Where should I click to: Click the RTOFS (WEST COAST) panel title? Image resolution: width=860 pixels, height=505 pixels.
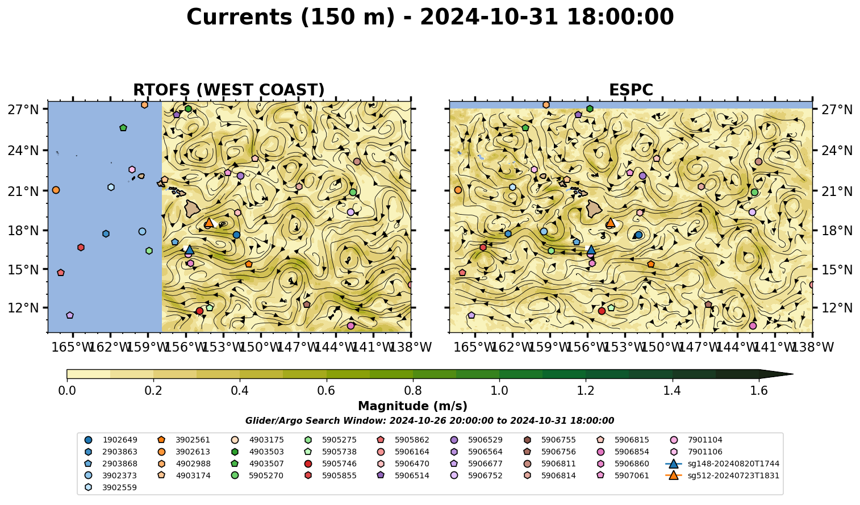coord(229,90)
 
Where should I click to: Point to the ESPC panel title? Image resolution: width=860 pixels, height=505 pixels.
coord(631,90)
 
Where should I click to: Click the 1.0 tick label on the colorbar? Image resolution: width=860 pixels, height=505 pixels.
coord(499,391)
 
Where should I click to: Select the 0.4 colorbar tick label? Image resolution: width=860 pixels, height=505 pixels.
coord(240,391)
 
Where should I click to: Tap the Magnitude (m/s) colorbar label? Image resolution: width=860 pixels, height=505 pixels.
coord(413,406)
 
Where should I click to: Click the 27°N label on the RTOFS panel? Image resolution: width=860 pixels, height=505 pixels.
coord(23,110)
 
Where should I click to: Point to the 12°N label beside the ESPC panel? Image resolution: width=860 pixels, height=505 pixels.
coord(837,308)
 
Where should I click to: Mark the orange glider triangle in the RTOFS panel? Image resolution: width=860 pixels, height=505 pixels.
coord(209,222)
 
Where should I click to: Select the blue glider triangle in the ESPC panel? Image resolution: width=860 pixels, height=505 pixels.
coord(591,249)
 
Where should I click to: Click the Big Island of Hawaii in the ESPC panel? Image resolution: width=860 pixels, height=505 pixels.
coord(594,209)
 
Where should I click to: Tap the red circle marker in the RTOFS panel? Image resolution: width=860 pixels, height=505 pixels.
coord(199,311)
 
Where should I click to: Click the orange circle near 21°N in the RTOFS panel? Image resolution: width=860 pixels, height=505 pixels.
coord(56,190)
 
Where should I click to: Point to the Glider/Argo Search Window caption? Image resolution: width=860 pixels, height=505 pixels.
coord(429,421)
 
